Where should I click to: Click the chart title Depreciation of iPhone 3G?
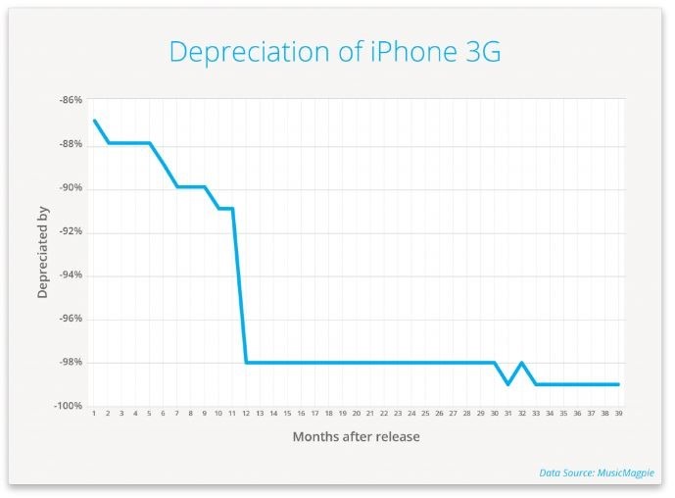(335, 51)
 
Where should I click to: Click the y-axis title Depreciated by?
(43, 253)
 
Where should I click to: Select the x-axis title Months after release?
(356, 436)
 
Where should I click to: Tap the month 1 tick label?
(94, 414)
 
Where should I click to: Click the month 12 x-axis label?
(246, 414)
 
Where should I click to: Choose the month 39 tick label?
(618, 414)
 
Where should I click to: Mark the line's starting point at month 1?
(94, 121)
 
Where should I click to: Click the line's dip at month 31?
(507, 384)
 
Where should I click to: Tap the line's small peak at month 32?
(521, 363)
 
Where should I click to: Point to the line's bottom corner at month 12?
(246, 363)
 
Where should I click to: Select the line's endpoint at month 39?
(618, 384)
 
